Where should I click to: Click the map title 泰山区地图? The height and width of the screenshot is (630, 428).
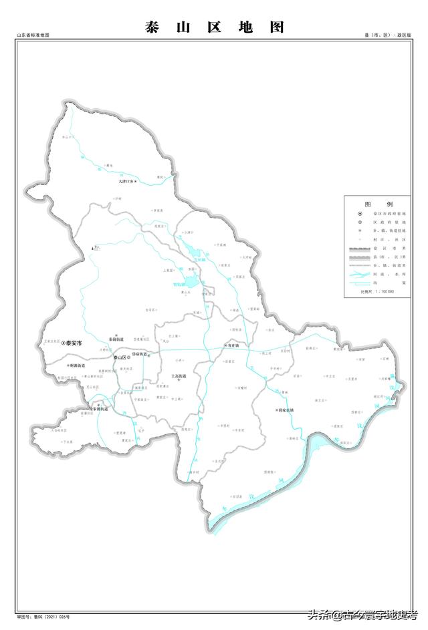[x=214, y=27]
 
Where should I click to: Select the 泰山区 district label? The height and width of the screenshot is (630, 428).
[x=122, y=358]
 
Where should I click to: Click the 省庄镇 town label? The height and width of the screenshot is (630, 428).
[x=233, y=346]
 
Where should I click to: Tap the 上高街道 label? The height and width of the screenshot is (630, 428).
[x=179, y=376]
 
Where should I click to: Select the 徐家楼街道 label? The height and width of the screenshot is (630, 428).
[x=99, y=409]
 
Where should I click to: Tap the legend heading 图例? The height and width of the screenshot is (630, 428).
[x=379, y=203]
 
